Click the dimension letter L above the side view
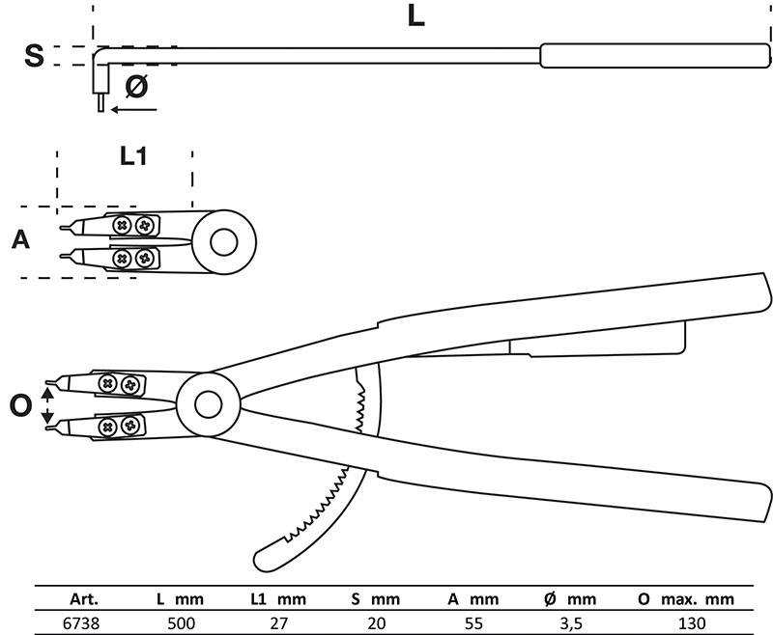point(416,15)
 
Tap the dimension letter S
point(34,55)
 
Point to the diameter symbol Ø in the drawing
point(136,86)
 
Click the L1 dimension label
point(133,156)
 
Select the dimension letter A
point(20,239)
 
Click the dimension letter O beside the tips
point(20,406)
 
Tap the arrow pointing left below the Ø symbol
point(133,109)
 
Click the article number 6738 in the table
point(81,623)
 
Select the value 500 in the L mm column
point(181,623)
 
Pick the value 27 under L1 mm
point(278,623)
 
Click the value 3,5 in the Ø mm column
point(571,624)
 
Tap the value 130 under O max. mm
point(692,623)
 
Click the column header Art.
point(84,599)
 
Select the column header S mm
point(376,599)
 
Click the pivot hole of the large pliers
point(208,404)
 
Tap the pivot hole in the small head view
point(223,242)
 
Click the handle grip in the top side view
point(655,56)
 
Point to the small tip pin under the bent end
point(101,102)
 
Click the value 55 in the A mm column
point(473,623)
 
